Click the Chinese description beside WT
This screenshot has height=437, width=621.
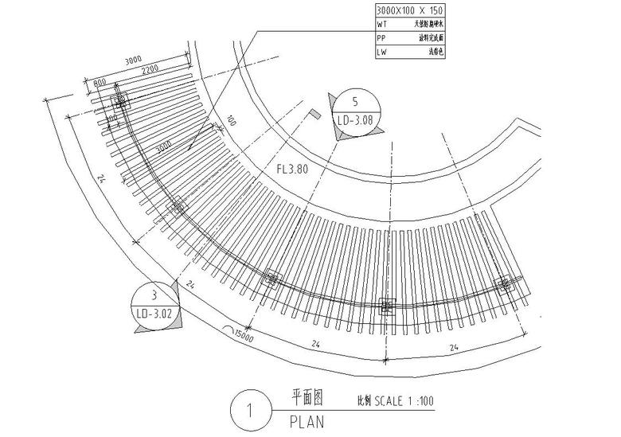point(424,25)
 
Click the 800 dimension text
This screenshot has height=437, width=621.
point(100,82)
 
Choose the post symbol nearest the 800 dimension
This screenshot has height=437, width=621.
point(120,102)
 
